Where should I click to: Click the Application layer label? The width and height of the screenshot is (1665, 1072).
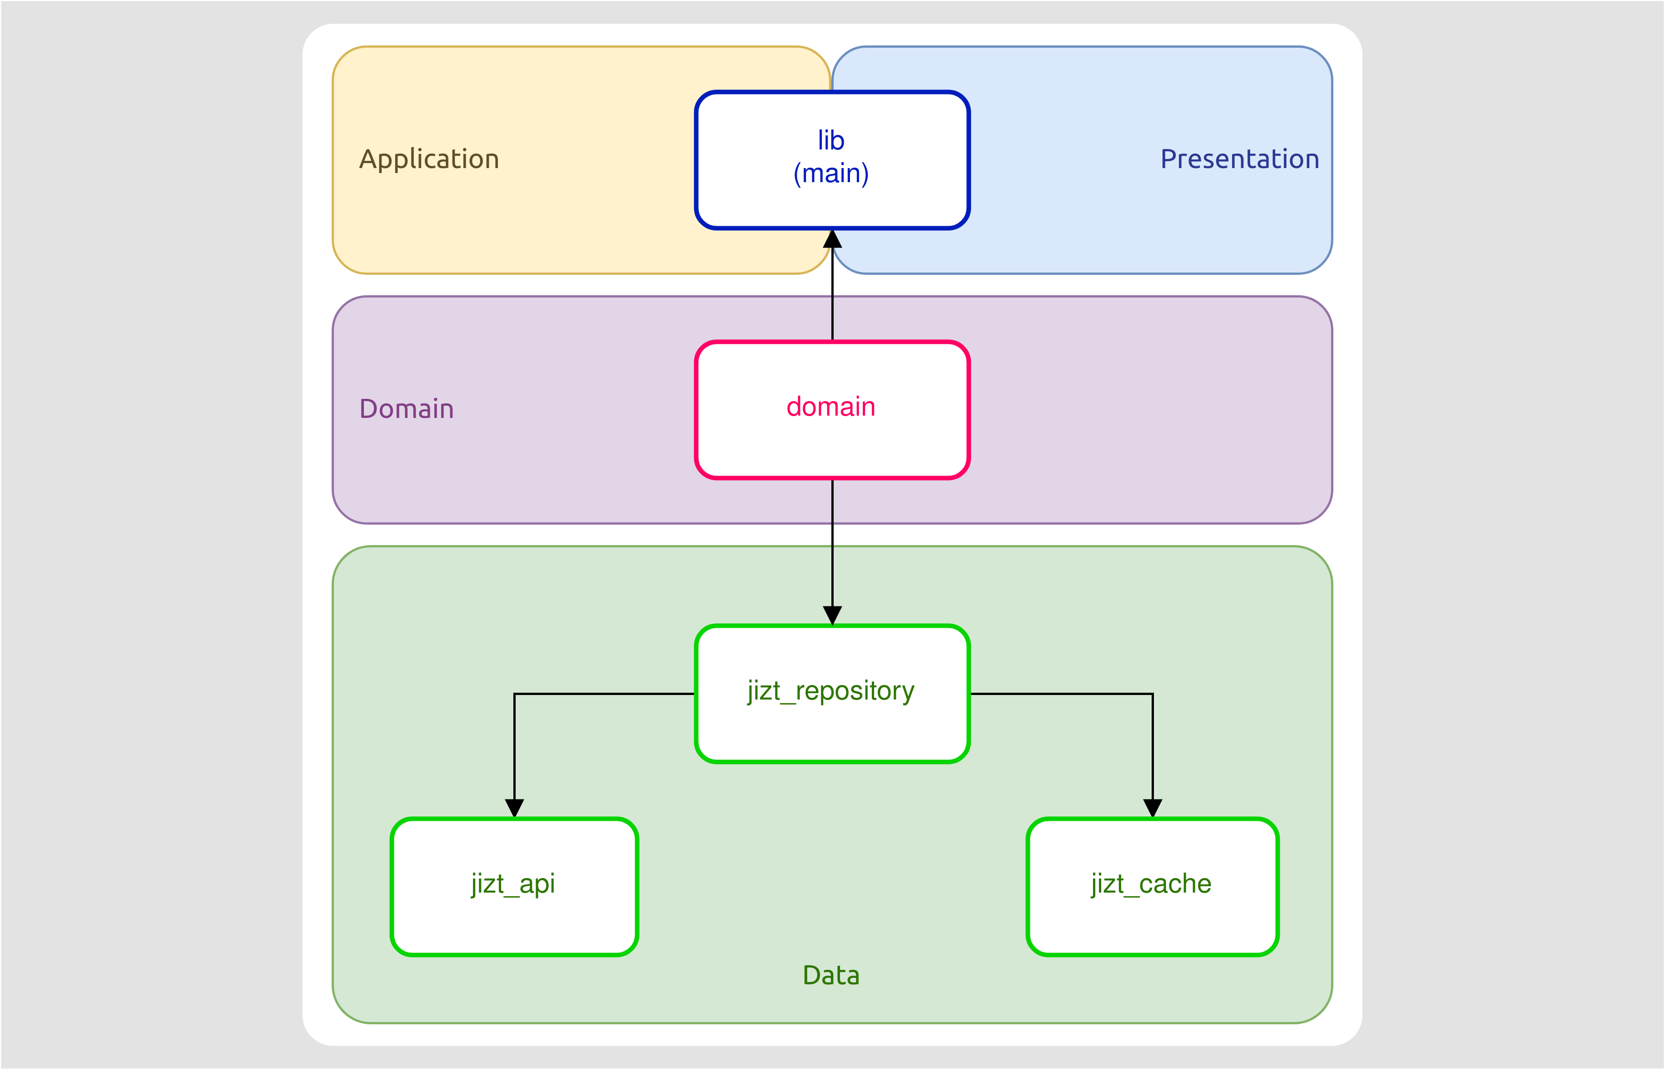click(x=429, y=159)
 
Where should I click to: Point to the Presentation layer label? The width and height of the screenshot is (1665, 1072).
click(x=1239, y=159)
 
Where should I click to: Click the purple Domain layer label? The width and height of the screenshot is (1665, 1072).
click(x=407, y=409)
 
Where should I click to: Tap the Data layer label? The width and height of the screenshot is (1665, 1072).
click(x=830, y=975)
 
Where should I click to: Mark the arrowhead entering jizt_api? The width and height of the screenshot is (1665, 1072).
click(x=514, y=808)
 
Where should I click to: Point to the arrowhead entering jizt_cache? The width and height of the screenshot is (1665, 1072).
click(x=1153, y=808)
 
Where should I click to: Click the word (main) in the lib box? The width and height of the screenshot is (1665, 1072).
click(x=831, y=174)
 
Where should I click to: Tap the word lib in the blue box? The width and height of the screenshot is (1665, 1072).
click(x=831, y=141)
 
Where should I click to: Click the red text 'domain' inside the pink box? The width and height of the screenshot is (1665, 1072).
click(x=830, y=407)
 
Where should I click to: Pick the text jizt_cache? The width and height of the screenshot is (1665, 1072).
click(x=1151, y=883)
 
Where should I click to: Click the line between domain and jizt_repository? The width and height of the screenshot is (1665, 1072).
click(x=832, y=543)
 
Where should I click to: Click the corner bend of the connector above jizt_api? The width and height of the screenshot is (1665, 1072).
click(x=514, y=694)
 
